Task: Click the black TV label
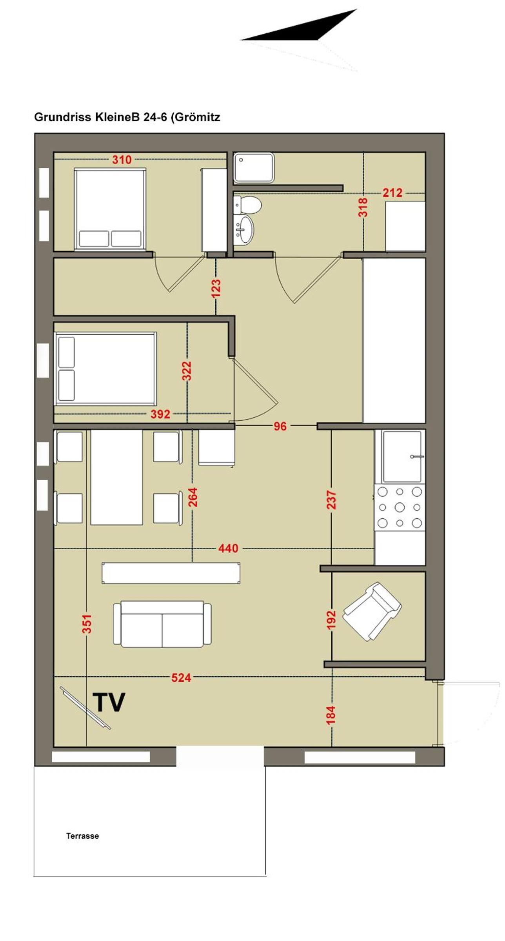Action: (x=109, y=702)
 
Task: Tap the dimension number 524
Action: (x=181, y=678)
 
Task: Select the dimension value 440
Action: (x=228, y=548)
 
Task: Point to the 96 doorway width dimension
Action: (x=280, y=426)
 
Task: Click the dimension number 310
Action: (x=122, y=160)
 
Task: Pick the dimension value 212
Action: (x=392, y=193)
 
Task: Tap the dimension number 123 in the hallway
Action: (x=216, y=288)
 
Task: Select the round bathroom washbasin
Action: (x=244, y=229)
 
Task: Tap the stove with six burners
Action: (x=400, y=507)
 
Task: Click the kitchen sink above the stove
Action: (x=402, y=456)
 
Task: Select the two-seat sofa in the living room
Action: (x=162, y=624)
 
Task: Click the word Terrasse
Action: (x=82, y=836)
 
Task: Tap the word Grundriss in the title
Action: (x=63, y=117)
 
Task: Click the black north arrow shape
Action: (x=299, y=25)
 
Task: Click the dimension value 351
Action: (x=87, y=623)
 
